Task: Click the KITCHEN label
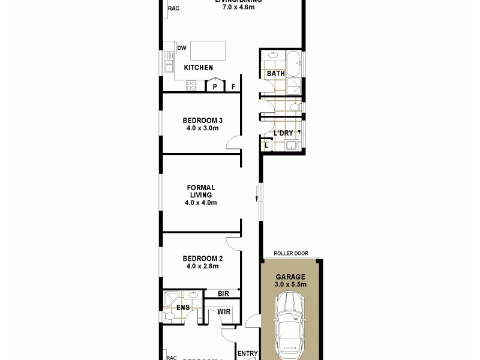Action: pos(198,68)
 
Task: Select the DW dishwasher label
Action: pos(181,48)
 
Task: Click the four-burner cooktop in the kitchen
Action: pos(191,85)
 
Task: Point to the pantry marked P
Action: pos(214,86)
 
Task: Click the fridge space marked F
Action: pos(233,86)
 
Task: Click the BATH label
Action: pos(276,74)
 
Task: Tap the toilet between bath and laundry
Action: pos(293,107)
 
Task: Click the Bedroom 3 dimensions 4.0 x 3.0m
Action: pos(201,128)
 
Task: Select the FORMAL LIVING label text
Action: pos(201,191)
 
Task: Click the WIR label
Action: pos(224,312)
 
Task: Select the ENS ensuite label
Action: pos(183,308)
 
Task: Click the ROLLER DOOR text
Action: pos(290,254)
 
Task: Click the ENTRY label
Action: pos(247,354)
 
